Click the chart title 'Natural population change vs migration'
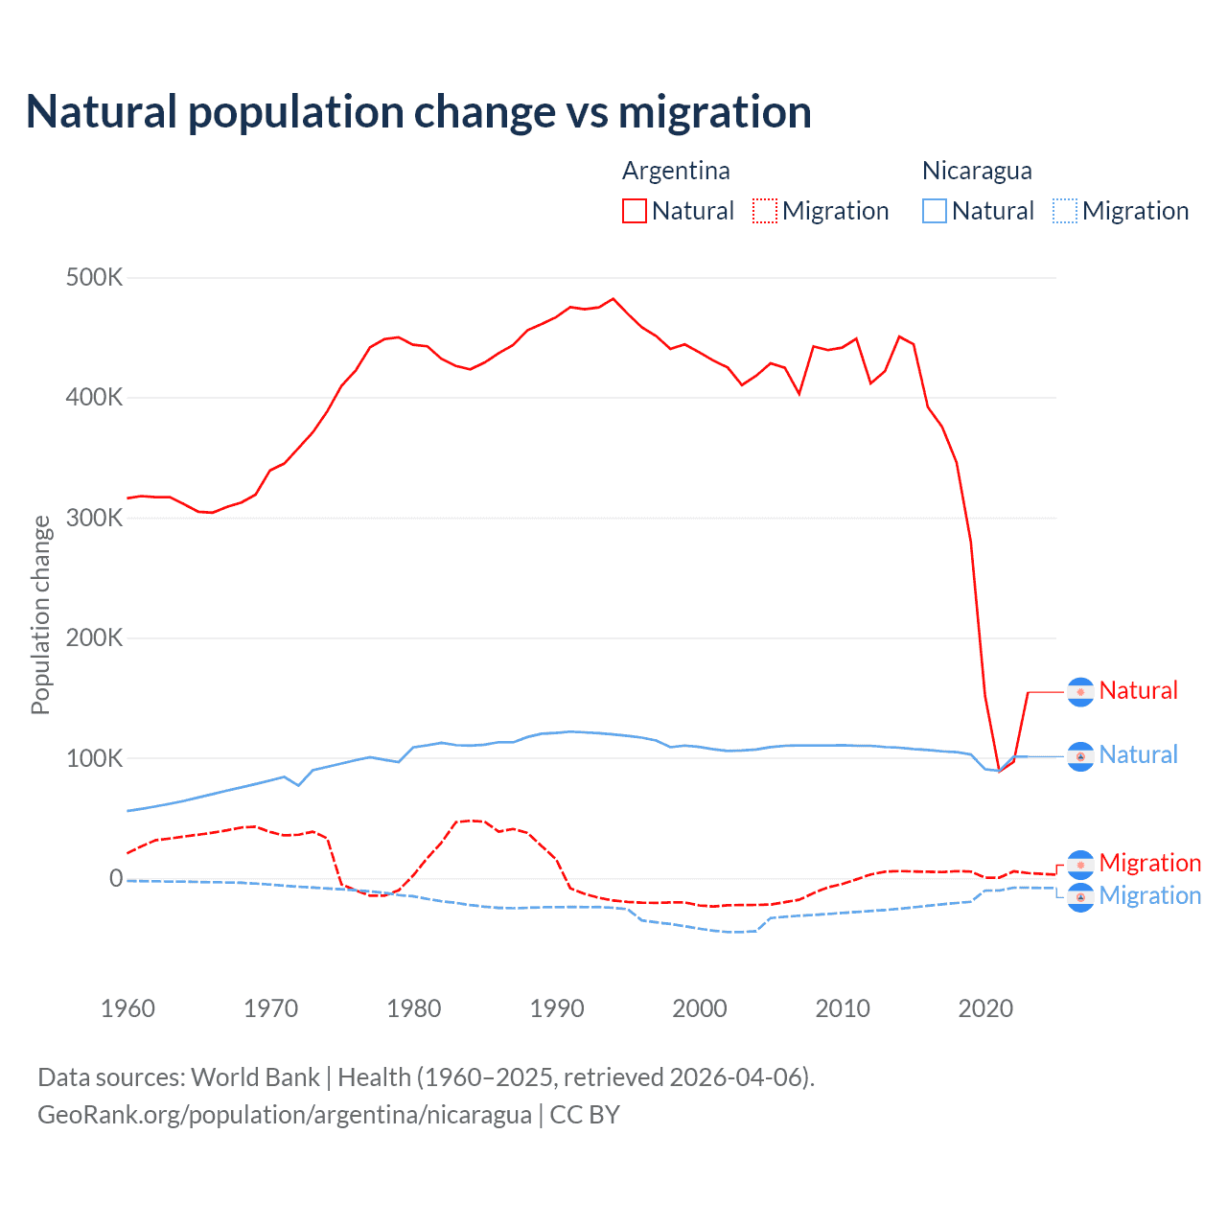coord(419,112)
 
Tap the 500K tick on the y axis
coord(94,278)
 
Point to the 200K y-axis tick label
coord(94,638)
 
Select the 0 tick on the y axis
coord(116,878)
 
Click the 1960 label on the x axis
coord(127,1008)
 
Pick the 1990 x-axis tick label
coord(557,1008)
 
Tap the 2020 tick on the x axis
coord(985,1008)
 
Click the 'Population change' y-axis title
coord(40,615)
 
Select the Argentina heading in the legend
coord(676,171)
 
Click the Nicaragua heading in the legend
coord(977,171)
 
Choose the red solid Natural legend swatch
coord(635,211)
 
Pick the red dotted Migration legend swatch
coord(765,211)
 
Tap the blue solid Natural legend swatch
coord(935,211)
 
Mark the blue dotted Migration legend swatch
coord(1065,211)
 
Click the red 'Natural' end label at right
coord(1138,690)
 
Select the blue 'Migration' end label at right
coord(1149,895)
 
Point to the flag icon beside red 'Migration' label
coord(1080,865)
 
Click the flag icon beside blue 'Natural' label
coord(1080,756)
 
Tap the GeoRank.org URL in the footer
coord(285,1115)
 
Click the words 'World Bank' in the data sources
coord(255,1077)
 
